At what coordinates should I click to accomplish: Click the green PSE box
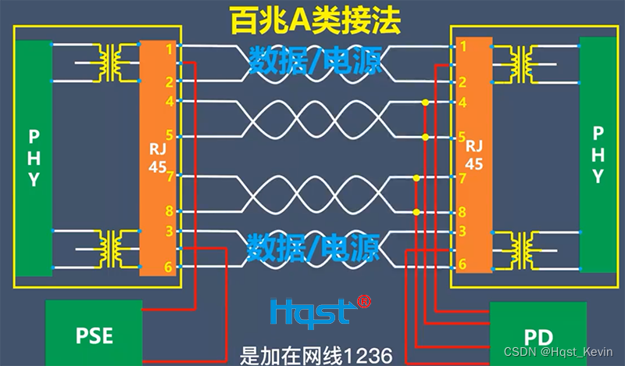tap(95, 335)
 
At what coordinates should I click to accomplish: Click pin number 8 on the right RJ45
tap(462, 212)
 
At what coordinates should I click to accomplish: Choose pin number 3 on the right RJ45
tap(462, 231)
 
